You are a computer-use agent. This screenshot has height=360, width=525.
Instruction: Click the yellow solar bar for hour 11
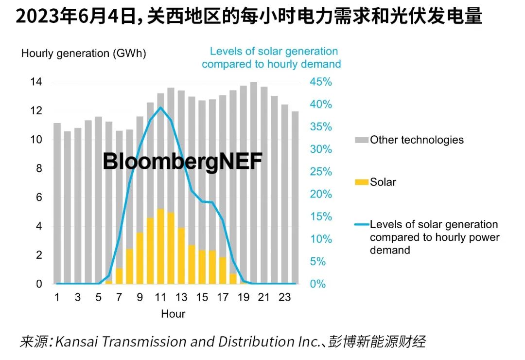click(160, 246)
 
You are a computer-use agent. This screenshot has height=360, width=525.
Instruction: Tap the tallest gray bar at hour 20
click(254, 182)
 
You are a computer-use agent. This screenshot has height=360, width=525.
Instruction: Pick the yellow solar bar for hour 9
click(140, 258)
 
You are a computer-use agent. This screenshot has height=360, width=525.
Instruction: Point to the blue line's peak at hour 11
click(160, 108)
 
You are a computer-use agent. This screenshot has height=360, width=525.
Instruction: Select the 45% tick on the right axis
click(321, 82)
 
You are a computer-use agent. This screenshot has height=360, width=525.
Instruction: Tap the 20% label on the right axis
click(321, 194)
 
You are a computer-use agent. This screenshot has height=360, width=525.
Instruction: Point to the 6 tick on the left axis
click(38, 198)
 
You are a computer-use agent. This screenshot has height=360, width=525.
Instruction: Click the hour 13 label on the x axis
click(181, 297)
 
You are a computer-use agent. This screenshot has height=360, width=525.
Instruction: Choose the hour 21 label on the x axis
click(264, 297)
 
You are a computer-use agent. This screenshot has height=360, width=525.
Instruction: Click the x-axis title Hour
click(173, 314)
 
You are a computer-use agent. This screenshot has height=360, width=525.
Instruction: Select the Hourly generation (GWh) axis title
click(84, 54)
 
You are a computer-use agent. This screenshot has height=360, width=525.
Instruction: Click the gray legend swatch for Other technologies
click(361, 140)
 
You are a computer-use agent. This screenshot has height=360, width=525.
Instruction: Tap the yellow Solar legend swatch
click(361, 182)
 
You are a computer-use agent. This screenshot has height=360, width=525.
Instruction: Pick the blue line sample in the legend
click(361, 225)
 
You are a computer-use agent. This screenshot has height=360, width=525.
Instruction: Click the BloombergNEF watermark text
click(182, 162)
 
